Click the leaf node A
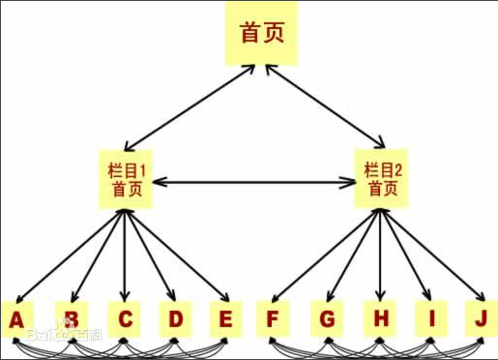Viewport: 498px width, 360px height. coord(17,317)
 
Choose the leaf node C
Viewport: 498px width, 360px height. coord(125,317)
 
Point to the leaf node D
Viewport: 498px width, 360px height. coord(175,317)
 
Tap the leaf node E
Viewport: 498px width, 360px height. coord(225,317)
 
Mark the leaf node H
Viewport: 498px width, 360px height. coord(378,317)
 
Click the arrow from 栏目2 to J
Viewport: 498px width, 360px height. coord(432,255)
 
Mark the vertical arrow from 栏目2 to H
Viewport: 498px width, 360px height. coord(379,256)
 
